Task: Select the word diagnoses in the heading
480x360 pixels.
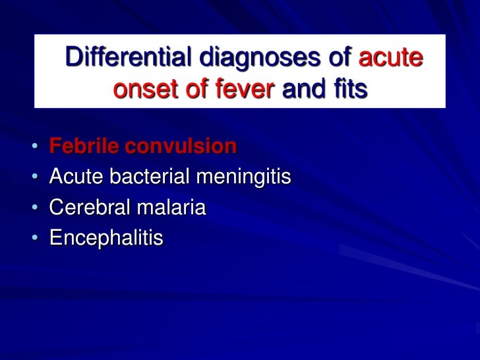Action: click(255, 59)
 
